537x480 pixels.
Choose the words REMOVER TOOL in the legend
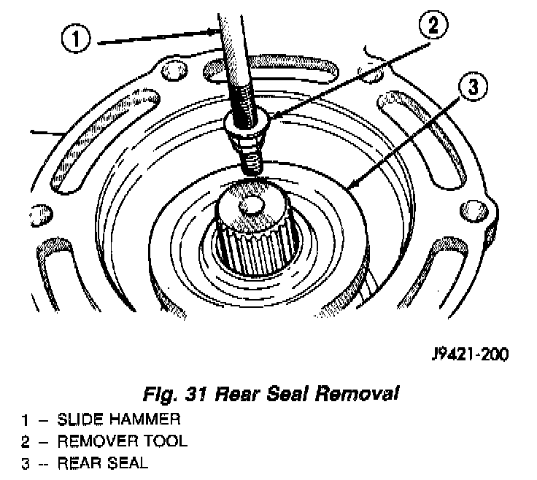pos(122,441)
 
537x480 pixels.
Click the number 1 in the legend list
pos(25,419)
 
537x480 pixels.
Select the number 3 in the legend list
pos(25,462)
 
